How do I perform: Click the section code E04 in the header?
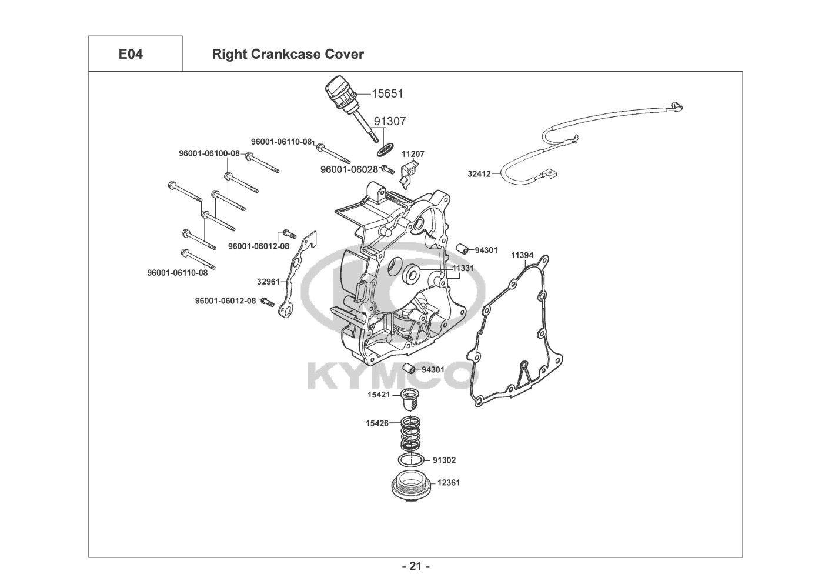coord(131,55)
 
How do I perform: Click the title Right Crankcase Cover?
coord(288,55)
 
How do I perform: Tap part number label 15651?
coord(387,93)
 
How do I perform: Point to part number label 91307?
coord(390,121)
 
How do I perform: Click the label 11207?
coord(413,154)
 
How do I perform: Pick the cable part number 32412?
coord(479,174)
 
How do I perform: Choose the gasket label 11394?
coord(522,255)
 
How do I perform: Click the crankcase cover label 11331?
coord(463,268)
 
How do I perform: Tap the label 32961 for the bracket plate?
coord(268,281)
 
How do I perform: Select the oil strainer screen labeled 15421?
coord(409,399)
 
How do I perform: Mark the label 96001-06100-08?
coord(209,153)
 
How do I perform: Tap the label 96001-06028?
coord(349,169)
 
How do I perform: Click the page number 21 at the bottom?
coord(416,567)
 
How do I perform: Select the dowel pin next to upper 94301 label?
coord(463,248)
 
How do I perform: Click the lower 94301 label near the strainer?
coord(433,370)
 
